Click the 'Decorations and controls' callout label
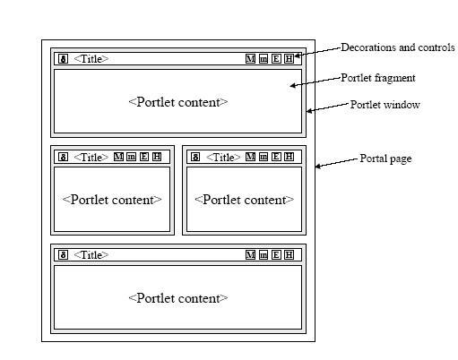pos(398,47)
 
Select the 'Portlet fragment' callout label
pos(378,78)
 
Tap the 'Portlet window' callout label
pos(385,105)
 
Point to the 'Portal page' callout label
pos(385,159)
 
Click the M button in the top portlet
pos(250,59)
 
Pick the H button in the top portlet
pos(289,59)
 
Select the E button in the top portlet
pos(276,59)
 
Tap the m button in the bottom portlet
pos(264,255)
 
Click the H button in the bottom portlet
pos(289,255)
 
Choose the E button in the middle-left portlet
pos(144,157)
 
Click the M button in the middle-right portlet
pos(250,157)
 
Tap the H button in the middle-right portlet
pos(289,157)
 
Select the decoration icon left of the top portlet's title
pos(63,59)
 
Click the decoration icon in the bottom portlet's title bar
pos(63,255)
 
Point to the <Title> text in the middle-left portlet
pos(91,157)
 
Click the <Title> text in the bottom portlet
pos(91,255)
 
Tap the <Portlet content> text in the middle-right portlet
pos(244,200)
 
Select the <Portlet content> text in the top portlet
pos(178,102)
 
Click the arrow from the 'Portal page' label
pos(337,163)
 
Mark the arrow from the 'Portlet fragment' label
pos(315,81)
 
